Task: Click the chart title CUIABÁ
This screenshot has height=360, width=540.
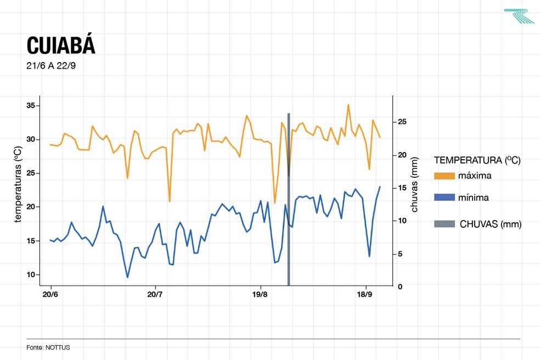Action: coord(61,46)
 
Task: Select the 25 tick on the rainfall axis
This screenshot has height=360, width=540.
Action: coord(402,121)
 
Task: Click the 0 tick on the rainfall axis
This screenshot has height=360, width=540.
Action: coord(400,286)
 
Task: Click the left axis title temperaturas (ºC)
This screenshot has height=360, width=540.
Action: coord(18,184)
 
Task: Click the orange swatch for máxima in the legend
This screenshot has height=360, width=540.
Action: coord(444,176)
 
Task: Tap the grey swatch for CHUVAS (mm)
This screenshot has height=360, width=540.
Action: coord(444,224)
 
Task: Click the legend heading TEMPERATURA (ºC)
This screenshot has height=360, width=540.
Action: coord(477,161)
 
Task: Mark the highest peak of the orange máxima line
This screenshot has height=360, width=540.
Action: coord(348,104)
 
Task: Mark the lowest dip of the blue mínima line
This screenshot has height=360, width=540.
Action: coord(127,277)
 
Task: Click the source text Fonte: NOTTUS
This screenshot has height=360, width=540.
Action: coord(48,347)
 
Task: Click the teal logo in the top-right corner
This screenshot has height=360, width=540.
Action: coord(519,16)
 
